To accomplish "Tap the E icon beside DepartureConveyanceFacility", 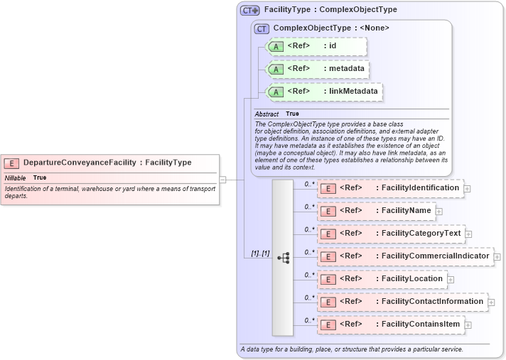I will [14, 163].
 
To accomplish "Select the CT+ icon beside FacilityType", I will [250, 10].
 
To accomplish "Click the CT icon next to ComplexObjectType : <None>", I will [262, 28].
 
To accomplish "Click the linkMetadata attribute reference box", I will [323, 92].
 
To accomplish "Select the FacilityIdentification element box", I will [390, 188].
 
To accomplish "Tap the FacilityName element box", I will [376, 211].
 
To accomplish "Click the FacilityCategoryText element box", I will [391, 234].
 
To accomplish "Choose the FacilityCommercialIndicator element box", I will [405, 256].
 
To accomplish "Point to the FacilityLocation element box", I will [382, 279].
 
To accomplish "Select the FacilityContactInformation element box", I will [402, 302].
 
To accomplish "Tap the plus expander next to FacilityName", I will [439, 212].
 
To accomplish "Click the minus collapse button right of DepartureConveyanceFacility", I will [222, 180].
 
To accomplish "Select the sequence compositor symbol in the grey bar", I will [283, 257].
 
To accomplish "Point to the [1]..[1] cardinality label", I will [261, 253].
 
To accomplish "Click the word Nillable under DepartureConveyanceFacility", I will [16, 178].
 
